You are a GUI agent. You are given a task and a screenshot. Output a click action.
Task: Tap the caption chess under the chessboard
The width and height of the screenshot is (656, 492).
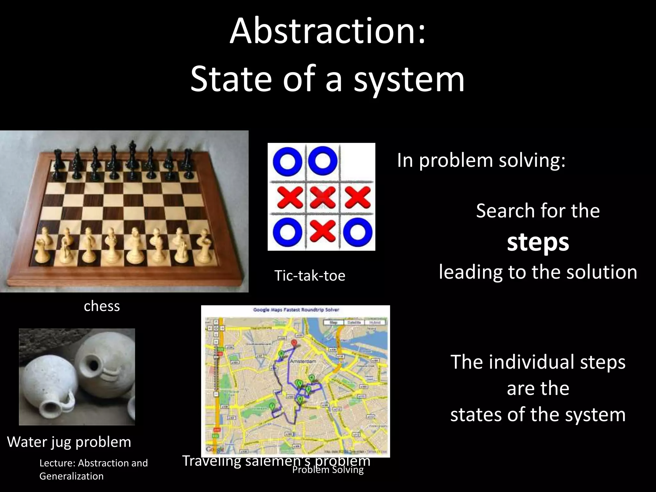[x=102, y=306]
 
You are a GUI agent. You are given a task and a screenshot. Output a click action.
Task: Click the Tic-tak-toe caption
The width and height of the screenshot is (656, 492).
[x=310, y=276]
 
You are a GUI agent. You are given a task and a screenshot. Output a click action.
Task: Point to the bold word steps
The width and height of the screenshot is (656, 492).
[x=538, y=242]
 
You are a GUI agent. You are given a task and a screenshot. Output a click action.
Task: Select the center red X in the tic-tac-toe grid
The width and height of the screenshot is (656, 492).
[x=322, y=198]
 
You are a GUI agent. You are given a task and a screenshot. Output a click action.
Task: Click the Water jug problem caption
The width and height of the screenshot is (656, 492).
[x=69, y=442]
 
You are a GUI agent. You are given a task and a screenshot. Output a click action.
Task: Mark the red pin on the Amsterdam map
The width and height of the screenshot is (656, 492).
[x=294, y=343]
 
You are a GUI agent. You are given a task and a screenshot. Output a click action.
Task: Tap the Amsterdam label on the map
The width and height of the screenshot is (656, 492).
[x=303, y=361]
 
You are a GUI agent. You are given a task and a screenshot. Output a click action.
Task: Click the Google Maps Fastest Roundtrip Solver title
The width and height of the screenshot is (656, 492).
[x=296, y=310]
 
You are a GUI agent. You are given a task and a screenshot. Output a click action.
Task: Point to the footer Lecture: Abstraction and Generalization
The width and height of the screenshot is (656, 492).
[x=94, y=469]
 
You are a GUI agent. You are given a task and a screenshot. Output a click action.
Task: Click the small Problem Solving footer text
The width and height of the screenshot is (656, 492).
[x=328, y=470]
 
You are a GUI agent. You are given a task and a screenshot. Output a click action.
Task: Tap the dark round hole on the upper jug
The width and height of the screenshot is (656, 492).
[x=95, y=364]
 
